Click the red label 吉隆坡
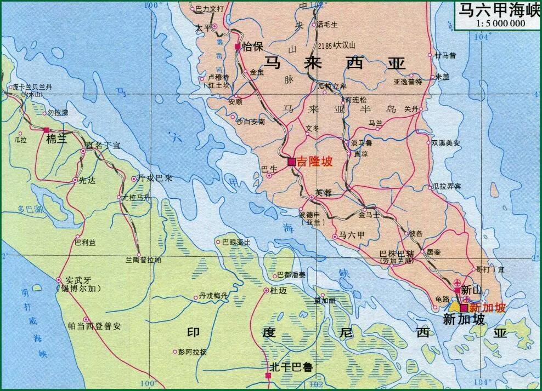(x=314, y=162)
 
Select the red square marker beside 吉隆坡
(x=292, y=162)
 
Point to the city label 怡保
(x=253, y=47)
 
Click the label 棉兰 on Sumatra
(x=56, y=139)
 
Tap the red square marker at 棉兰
(x=47, y=130)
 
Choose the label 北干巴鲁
(x=291, y=367)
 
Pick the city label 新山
(x=472, y=289)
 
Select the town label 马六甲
(x=352, y=235)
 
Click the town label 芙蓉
(x=324, y=193)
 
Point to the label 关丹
(x=411, y=109)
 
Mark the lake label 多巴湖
(x=30, y=209)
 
